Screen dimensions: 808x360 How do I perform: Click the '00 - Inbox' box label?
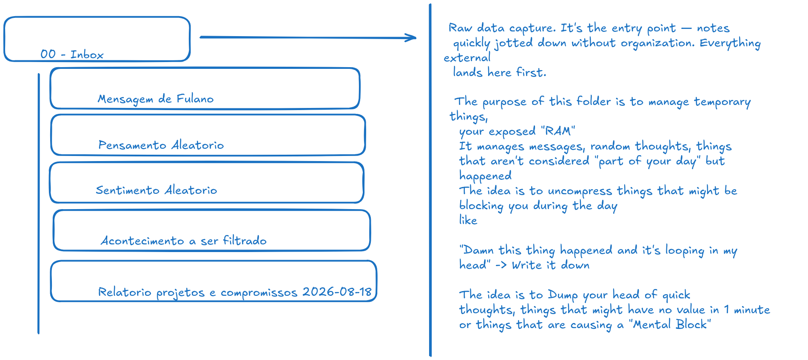(x=72, y=54)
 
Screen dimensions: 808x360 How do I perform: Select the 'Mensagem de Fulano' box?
(x=205, y=88)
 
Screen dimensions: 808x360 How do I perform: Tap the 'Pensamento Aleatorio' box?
(x=208, y=135)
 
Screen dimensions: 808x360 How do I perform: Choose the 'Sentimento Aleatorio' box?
(x=207, y=183)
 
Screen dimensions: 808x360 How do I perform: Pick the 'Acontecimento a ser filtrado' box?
(x=212, y=230)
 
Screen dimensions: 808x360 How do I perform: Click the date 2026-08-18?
(x=337, y=292)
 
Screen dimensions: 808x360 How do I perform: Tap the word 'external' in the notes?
(x=467, y=57)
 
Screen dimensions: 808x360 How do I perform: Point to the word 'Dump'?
(x=563, y=295)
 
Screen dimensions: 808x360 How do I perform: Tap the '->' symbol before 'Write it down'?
(x=501, y=265)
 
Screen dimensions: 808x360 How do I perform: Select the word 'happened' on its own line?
(x=485, y=176)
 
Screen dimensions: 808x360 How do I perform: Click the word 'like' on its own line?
(x=468, y=220)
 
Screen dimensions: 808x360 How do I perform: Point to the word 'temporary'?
(x=722, y=102)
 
